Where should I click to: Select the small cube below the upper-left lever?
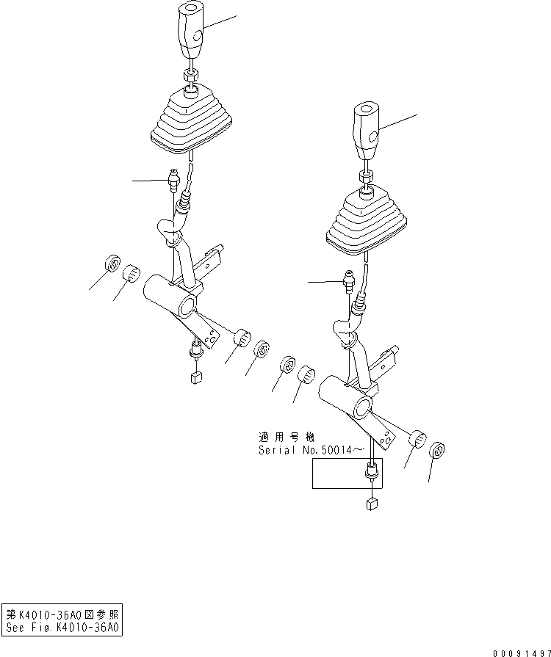(x=196, y=379)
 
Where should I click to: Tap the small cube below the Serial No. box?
(x=372, y=503)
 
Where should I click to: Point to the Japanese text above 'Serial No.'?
(x=286, y=436)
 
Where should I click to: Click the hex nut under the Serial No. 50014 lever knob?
(x=365, y=176)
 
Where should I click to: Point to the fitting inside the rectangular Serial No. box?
(x=372, y=473)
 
